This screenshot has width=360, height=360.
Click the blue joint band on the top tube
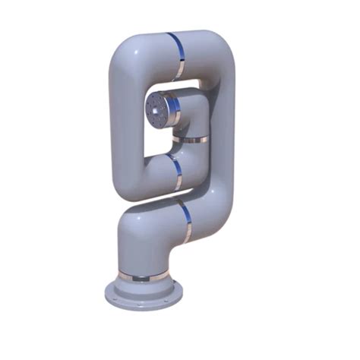176,55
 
